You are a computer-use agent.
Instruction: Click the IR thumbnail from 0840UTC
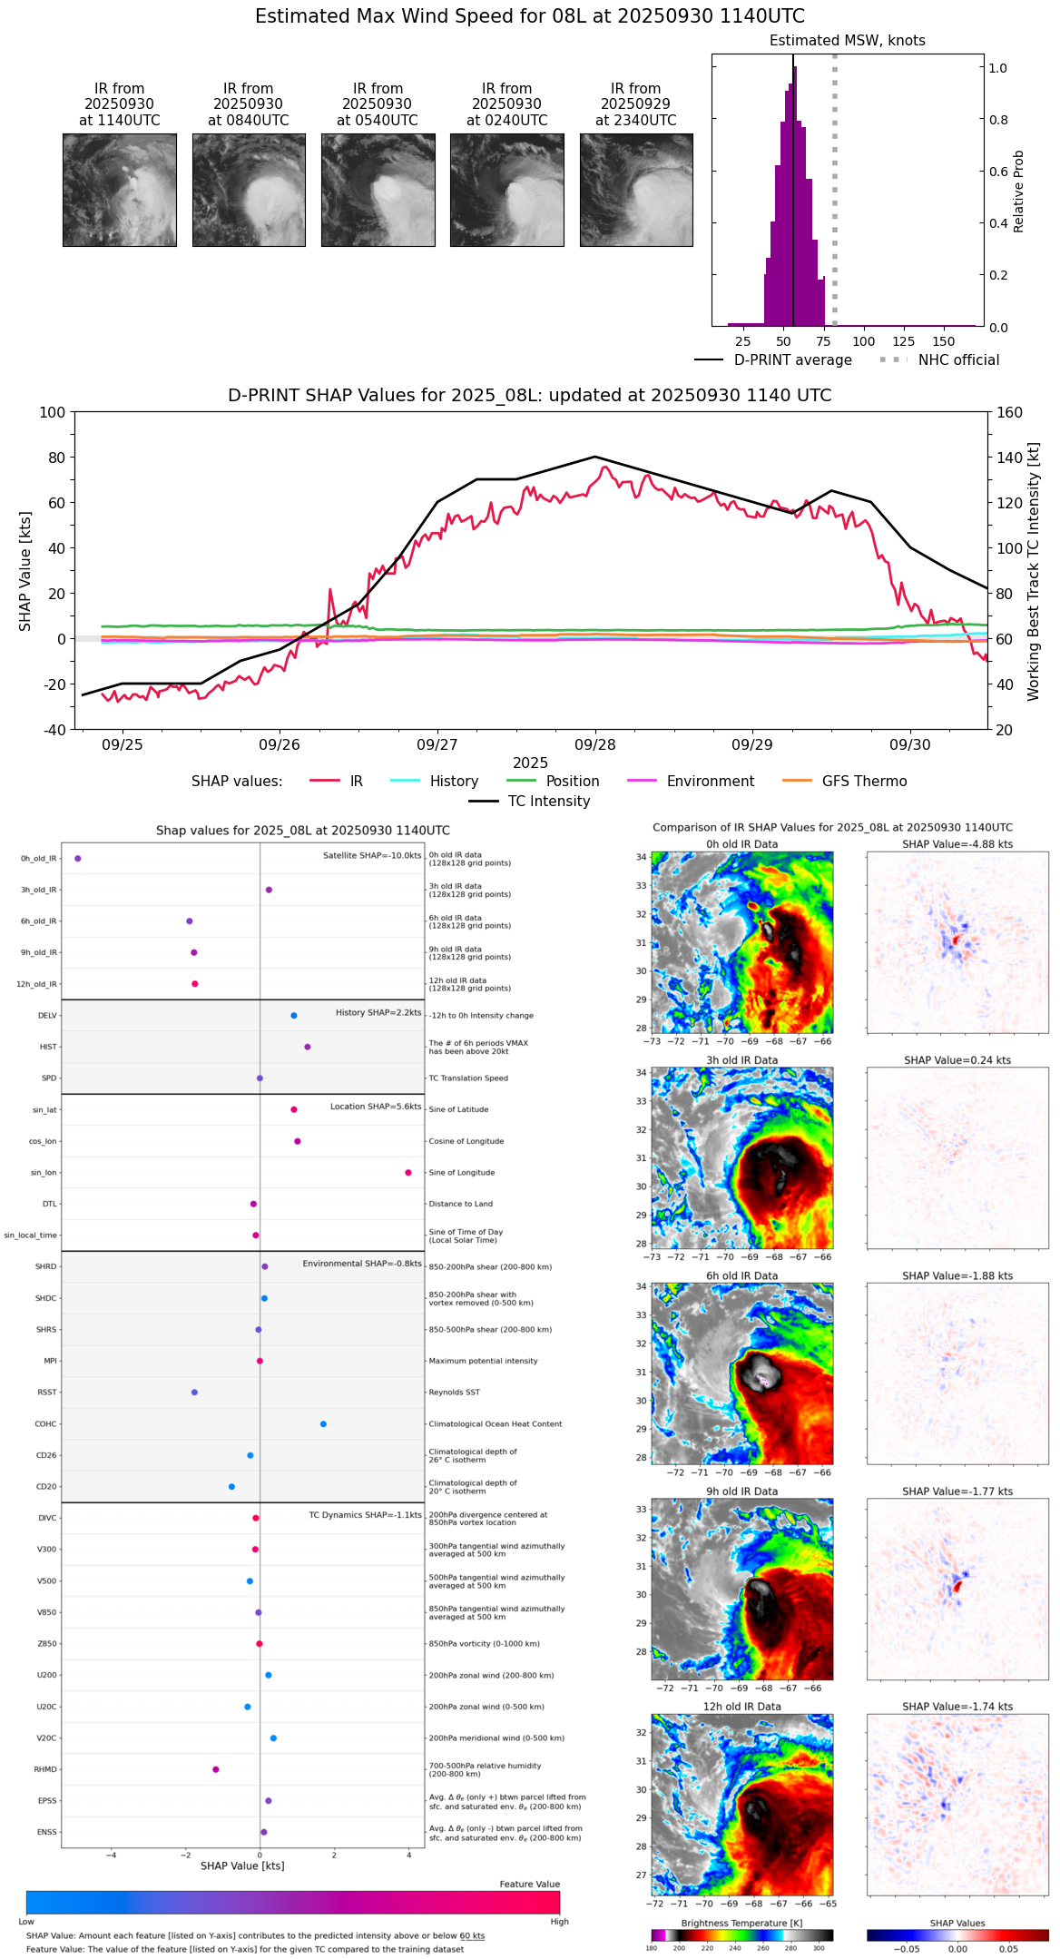pyautogui.click(x=249, y=190)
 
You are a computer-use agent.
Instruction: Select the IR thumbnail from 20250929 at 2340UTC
pyautogui.click(x=636, y=190)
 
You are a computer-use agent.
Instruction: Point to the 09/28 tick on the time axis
pyautogui.click(x=595, y=744)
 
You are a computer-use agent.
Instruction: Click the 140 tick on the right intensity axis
pyautogui.click(x=1010, y=458)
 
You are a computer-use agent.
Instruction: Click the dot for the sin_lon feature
pyautogui.click(x=408, y=1173)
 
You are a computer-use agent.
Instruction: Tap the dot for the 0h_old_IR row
pyautogui.click(x=78, y=858)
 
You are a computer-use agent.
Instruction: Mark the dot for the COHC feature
pyautogui.click(x=323, y=1423)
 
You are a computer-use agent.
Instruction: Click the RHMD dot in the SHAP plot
pyautogui.click(x=216, y=1769)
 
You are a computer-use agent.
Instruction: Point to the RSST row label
pyautogui.click(x=47, y=1393)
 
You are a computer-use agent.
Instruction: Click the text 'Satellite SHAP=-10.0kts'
pyautogui.click(x=372, y=856)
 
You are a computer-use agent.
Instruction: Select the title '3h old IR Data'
pyautogui.click(x=741, y=1060)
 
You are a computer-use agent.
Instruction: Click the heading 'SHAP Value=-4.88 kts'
pyautogui.click(x=957, y=844)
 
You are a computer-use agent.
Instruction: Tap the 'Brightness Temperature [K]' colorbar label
pyautogui.click(x=741, y=1923)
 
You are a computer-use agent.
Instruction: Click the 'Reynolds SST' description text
pyautogui.click(x=455, y=1393)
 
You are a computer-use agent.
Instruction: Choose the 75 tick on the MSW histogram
pyautogui.click(x=824, y=341)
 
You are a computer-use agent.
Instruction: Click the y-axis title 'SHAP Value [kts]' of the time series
pyautogui.click(x=25, y=571)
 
